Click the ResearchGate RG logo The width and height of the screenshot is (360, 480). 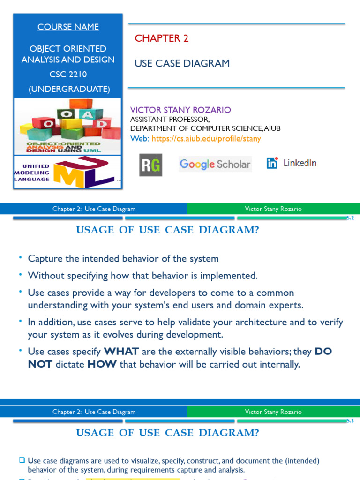pyautogui.click(x=150, y=165)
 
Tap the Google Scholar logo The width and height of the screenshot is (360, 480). pyautogui.click(x=215, y=165)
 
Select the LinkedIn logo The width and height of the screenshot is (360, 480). pyautogui.click(x=292, y=163)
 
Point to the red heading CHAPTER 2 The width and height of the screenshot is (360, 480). pyautogui.click(x=162, y=38)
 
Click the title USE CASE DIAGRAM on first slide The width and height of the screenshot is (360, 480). pyautogui.click(x=182, y=63)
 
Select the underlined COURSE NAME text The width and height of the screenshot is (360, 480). pyautogui.click(x=68, y=27)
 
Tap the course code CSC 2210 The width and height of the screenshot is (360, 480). pyautogui.click(x=68, y=74)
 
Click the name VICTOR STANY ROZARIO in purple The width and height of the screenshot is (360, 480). pyautogui.click(x=180, y=110)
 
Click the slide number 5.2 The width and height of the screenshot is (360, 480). pyautogui.click(x=350, y=218)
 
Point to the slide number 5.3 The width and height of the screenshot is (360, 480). pyautogui.click(x=350, y=421)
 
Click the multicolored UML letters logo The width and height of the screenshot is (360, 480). pyautogui.click(x=83, y=173)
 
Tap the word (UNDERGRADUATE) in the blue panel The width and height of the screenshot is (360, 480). pyautogui.click(x=69, y=89)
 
